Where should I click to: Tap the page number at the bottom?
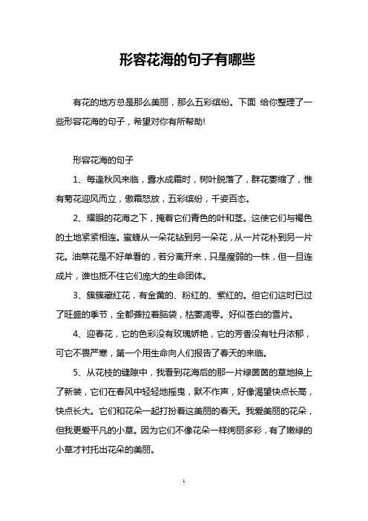(x=183, y=502)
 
